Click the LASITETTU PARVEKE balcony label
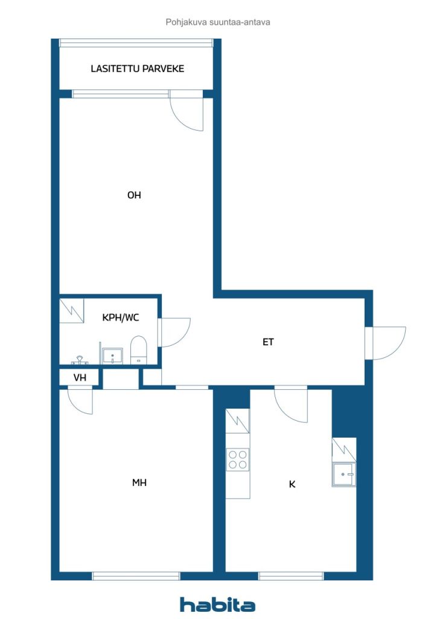pyautogui.click(x=137, y=69)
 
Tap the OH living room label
pyautogui.click(x=134, y=195)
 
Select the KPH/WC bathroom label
pyautogui.click(x=121, y=317)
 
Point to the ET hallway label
pyautogui.click(x=268, y=342)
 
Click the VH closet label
pyautogui.click(x=80, y=378)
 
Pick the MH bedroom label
pyautogui.click(x=139, y=482)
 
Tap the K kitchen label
pyautogui.click(x=292, y=484)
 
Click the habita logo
pyautogui.click(x=217, y=604)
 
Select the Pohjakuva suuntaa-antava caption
pyautogui.click(x=218, y=22)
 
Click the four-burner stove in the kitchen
pyautogui.click(x=238, y=459)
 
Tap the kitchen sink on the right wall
pyautogui.click(x=343, y=474)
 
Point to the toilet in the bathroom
pyautogui.click(x=138, y=350)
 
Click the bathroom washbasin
pyautogui.click(x=112, y=355)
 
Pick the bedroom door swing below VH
pyautogui.click(x=80, y=402)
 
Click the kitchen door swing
pyautogui.click(x=291, y=406)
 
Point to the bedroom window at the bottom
pyautogui.click(x=136, y=576)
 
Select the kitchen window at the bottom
pyautogui.click(x=291, y=576)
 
